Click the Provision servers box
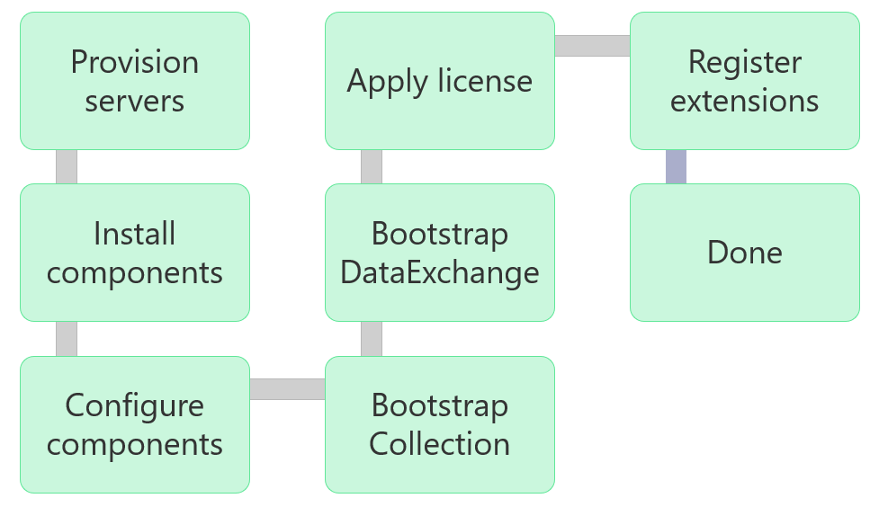135,81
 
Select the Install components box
135,253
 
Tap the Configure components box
135,424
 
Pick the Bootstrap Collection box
440,424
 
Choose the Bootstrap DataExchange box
440,253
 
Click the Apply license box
440,81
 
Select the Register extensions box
745,81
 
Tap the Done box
745,253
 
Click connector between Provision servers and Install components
67,166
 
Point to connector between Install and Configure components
67,338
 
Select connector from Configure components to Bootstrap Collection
287,389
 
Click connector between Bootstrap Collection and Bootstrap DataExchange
372,338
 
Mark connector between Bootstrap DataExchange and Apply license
372,166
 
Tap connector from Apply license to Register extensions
592,46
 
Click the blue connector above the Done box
676,166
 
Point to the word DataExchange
440,272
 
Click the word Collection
440,444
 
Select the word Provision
135,62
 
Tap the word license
486,81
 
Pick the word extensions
745,101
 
